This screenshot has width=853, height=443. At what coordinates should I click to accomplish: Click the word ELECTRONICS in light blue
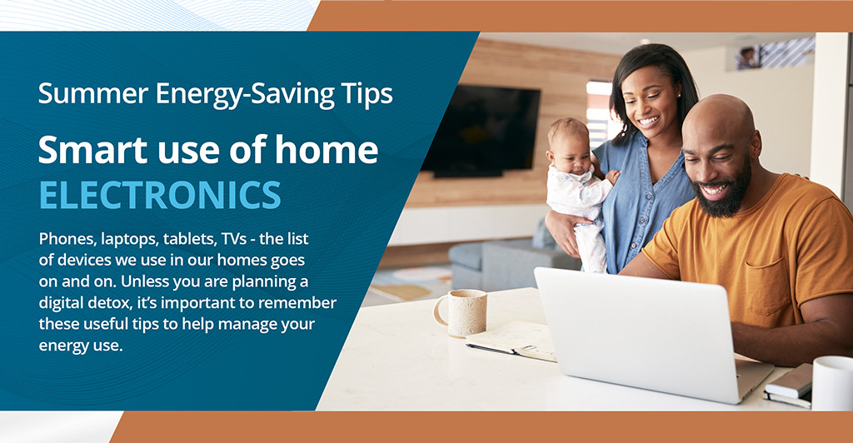click(160, 194)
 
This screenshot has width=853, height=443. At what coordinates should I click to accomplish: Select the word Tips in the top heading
click(363, 93)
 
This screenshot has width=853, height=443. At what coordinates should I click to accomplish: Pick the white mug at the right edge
click(832, 382)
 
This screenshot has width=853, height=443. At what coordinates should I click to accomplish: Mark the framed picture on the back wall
click(749, 57)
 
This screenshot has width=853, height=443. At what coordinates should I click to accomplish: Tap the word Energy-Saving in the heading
click(229, 93)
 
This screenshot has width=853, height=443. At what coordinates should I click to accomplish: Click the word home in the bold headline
click(323, 150)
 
